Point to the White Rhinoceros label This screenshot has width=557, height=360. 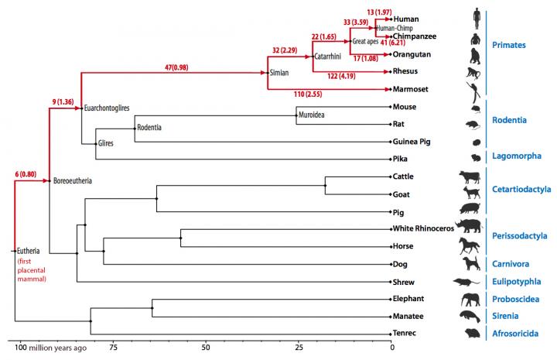click(423, 228)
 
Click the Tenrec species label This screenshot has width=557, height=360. click(406, 333)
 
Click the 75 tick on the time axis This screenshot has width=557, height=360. click(112, 348)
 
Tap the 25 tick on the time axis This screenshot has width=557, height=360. click(299, 348)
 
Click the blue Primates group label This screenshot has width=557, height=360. click(514, 45)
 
